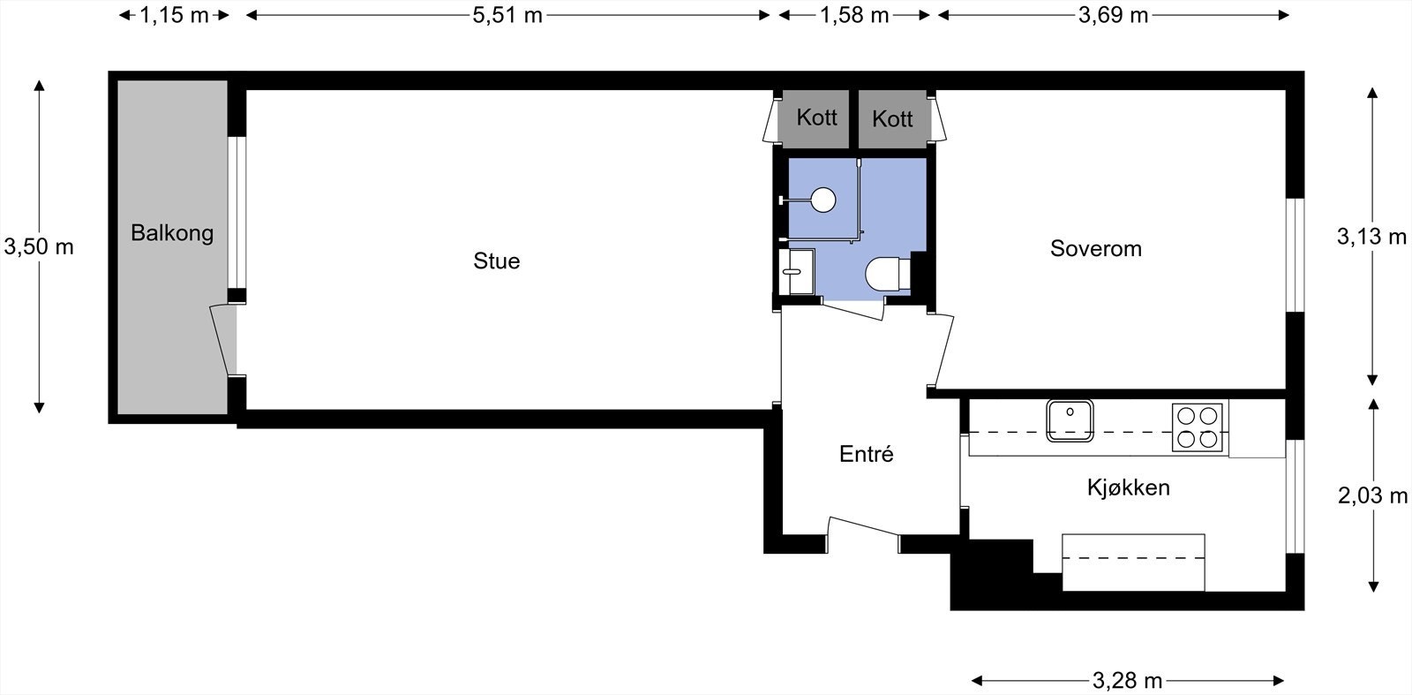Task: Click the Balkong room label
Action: click(172, 233)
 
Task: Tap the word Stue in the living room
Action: click(497, 261)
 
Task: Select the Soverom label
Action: click(1095, 248)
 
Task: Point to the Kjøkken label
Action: click(1129, 487)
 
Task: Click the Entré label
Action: click(866, 453)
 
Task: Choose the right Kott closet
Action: click(892, 118)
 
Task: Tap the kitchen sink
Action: click(1070, 420)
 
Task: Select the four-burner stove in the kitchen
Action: click(1197, 427)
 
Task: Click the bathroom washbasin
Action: click(797, 272)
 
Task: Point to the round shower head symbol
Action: click(823, 200)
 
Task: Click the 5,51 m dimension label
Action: click(507, 15)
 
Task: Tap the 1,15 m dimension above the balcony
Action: click(173, 15)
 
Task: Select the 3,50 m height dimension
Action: click(39, 246)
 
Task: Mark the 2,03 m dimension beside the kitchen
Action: click(1372, 495)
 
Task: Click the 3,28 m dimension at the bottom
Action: click(1127, 681)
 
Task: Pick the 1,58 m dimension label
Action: click(854, 15)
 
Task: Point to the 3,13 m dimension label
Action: click(1371, 237)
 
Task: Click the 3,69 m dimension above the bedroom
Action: click(1113, 15)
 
